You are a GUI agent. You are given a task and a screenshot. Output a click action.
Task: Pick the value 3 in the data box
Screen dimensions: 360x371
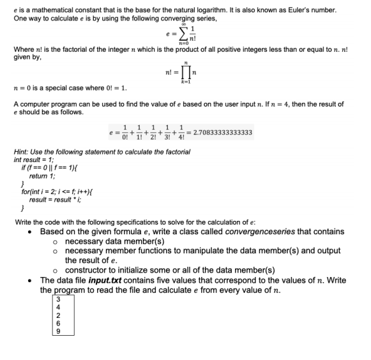59,299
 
